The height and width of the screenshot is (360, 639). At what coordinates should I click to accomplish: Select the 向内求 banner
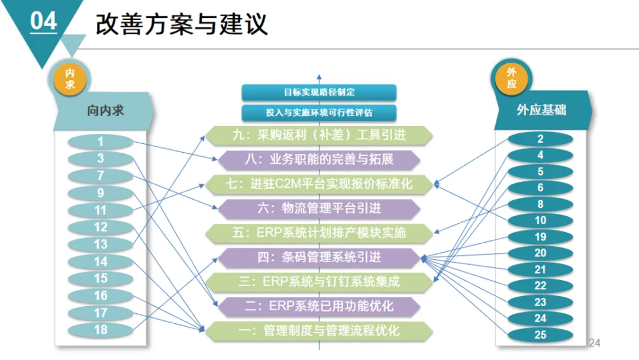[x=105, y=111]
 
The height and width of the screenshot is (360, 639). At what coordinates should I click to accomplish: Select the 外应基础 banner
[x=541, y=110]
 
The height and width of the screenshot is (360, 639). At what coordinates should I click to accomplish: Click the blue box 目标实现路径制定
[x=319, y=92]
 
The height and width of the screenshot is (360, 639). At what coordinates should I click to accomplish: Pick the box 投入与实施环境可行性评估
[x=319, y=112]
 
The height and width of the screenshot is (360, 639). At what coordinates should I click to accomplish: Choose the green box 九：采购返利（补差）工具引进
[x=319, y=135]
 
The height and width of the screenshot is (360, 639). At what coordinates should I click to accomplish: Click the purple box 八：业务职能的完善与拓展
[x=319, y=159]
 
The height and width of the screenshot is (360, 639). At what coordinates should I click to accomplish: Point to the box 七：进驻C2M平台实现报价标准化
[x=319, y=184]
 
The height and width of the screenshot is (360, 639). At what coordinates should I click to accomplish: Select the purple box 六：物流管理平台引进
[x=319, y=208]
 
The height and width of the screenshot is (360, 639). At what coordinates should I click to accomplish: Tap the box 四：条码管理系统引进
[x=319, y=257]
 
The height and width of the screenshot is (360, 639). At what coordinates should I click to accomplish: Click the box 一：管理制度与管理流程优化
[x=319, y=330]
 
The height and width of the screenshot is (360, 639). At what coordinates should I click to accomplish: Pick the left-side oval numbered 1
[x=101, y=142]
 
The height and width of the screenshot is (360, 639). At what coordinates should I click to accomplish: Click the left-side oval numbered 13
[x=101, y=244]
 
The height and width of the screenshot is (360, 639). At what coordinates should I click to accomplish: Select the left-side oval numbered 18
[x=101, y=329]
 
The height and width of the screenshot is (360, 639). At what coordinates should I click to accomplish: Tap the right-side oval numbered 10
[x=540, y=220]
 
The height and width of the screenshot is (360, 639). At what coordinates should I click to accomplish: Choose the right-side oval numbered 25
[x=540, y=335]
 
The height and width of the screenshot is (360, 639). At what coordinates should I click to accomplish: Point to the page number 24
[x=595, y=343]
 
